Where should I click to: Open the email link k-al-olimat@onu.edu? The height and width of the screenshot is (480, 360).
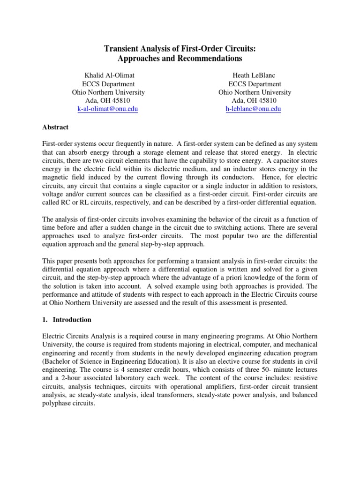(108, 109)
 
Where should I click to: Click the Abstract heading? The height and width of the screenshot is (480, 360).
(55, 127)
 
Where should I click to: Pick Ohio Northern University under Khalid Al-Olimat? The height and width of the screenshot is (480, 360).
(108, 92)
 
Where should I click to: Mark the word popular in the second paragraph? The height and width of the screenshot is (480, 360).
(250, 236)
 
